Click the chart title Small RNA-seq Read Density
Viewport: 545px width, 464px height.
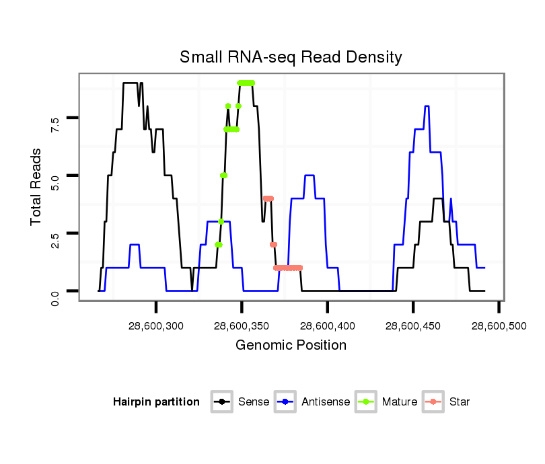291,57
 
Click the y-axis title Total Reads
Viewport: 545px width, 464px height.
37,187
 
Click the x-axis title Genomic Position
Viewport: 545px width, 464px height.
291,346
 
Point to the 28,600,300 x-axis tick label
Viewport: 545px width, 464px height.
156,326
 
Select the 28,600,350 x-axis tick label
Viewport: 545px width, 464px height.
242,326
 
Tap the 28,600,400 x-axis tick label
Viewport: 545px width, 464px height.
327,326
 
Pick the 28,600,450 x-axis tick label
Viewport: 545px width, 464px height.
412,326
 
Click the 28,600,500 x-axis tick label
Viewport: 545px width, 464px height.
499,326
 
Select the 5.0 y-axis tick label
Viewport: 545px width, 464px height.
55,176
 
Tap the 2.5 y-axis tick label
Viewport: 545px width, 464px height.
55,233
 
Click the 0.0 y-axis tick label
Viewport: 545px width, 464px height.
55,291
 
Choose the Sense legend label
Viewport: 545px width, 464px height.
254,402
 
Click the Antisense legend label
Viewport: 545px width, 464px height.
326,402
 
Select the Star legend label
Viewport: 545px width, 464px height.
459,402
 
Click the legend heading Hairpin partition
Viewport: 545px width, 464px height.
156,402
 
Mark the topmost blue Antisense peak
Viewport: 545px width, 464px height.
427,106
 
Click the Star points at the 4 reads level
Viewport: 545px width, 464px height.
268,198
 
